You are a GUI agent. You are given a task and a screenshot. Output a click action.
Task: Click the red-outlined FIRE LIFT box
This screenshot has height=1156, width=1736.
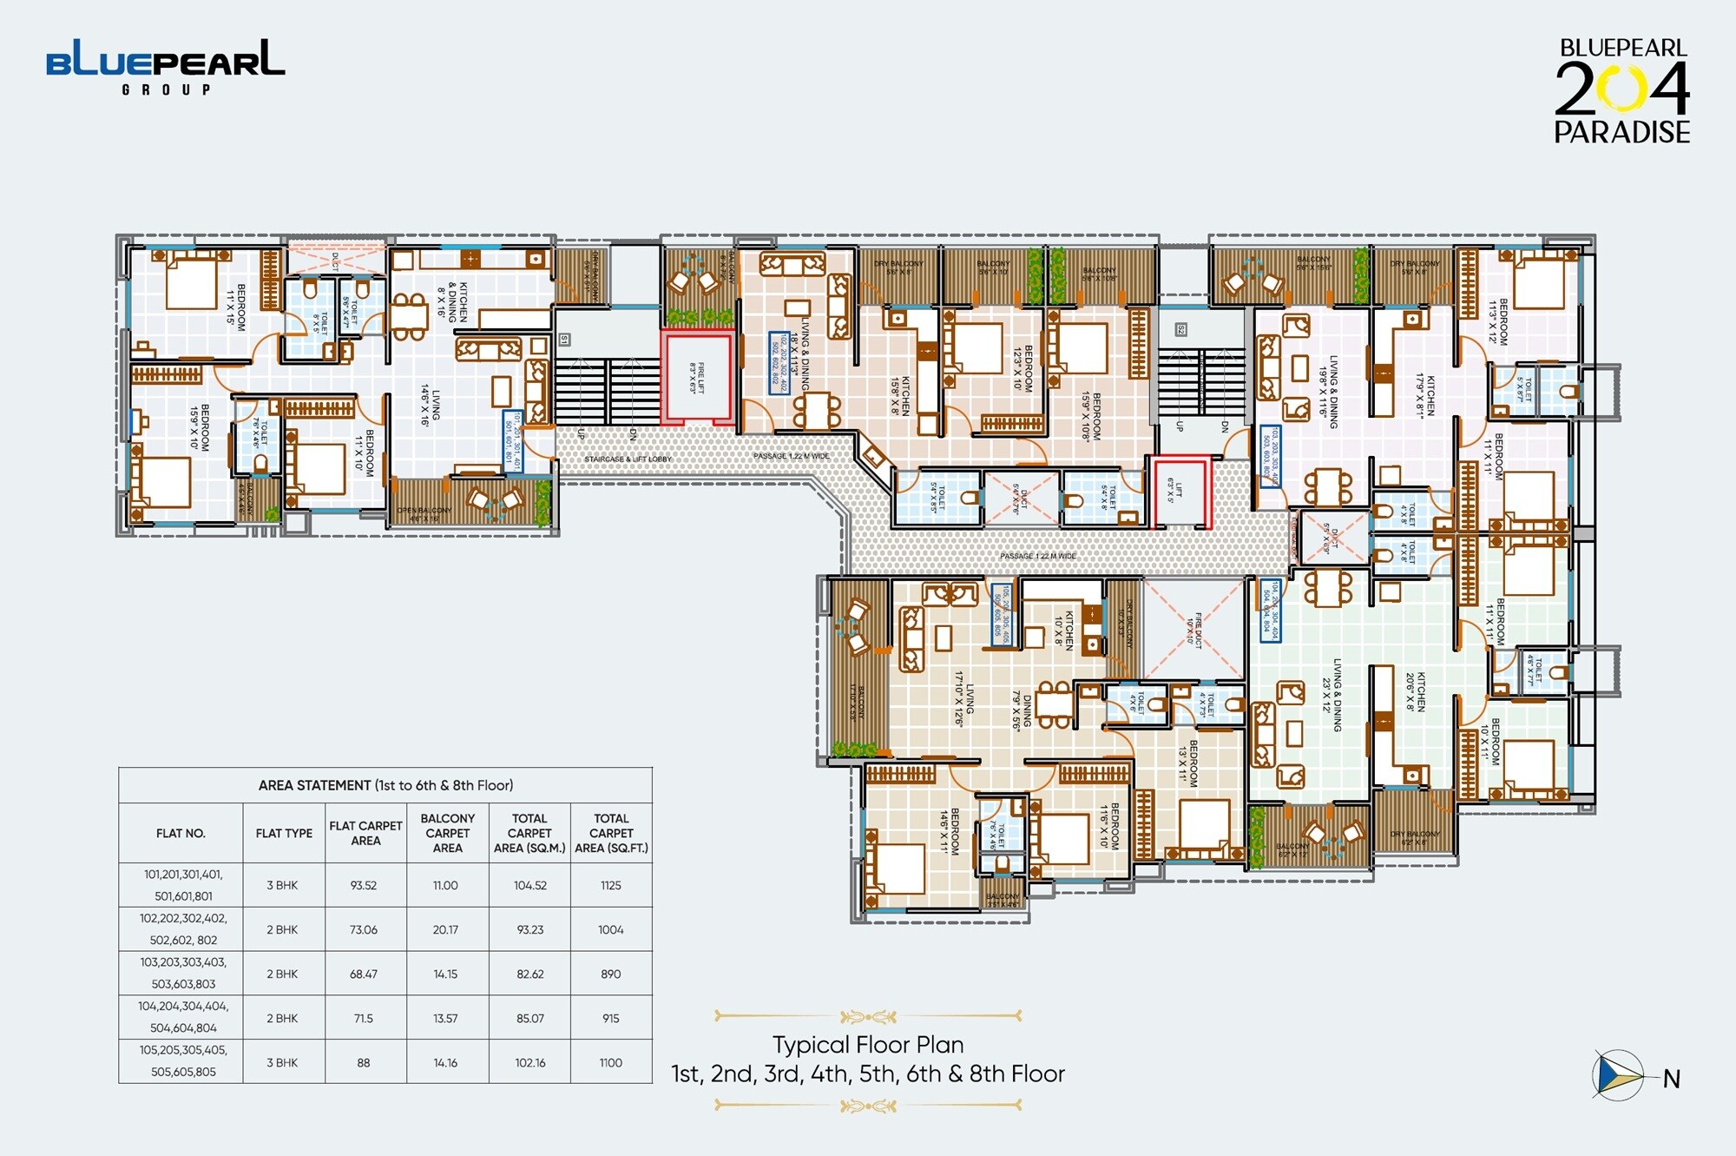click(697, 378)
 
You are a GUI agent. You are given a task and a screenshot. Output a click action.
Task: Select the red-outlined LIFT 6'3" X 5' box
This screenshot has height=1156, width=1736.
click(1181, 492)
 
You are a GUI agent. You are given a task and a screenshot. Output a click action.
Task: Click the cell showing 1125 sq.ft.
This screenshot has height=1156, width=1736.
click(611, 885)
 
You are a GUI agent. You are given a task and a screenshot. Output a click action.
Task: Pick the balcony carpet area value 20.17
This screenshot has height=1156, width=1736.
click(445, 929)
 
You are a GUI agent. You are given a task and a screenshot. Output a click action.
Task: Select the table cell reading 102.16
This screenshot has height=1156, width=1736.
click(529, 1062)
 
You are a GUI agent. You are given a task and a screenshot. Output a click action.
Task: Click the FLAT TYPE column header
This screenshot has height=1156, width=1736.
click(284, 833)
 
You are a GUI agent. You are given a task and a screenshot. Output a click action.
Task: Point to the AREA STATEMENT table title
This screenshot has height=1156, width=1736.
click(385, 785)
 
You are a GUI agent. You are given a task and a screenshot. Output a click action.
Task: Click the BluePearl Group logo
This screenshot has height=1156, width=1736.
click(165, 66)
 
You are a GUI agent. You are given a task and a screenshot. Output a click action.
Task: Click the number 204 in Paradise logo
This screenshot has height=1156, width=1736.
click(1621, 89)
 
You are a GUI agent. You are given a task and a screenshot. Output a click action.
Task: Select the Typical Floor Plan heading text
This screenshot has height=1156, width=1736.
click(867, 1044)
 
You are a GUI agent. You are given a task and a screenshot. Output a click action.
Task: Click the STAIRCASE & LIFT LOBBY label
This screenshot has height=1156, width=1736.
click(628, 459)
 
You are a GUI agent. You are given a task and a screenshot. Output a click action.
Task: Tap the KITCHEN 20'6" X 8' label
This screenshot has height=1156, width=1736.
click(1416, 691)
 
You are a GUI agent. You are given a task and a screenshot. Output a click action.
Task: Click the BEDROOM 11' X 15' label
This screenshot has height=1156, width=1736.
click(236, 307)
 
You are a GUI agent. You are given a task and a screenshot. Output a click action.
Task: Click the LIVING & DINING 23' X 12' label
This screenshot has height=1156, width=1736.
click(1332, 695)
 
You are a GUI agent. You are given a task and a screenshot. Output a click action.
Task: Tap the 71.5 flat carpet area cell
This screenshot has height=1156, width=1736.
click(364, 1018)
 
